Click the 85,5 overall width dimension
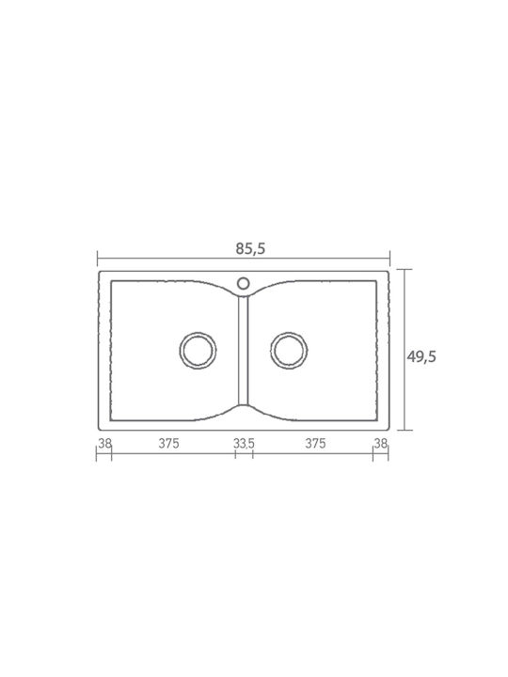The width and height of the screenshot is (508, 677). click(x=250, y=248)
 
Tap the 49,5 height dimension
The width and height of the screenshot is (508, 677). click(x=421, y=356)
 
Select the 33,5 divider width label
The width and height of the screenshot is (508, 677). click(x=244, y=444)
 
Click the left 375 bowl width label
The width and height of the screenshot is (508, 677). click(x=168, y=444)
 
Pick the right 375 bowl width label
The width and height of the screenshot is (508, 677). click(x=315, y=444)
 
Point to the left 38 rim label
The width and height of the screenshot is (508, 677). click(x=105, y=444)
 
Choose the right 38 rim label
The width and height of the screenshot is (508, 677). click(x=381, y=444)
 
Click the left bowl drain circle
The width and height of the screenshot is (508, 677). click(x=198, y=333)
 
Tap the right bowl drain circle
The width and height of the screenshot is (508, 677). click(x=289, y=333)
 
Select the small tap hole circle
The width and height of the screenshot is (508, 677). click(x=244, y=278)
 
